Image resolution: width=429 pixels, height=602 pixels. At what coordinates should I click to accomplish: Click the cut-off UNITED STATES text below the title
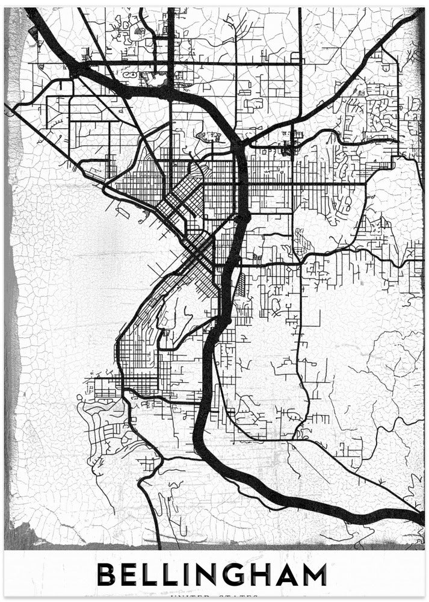tap(214, 598)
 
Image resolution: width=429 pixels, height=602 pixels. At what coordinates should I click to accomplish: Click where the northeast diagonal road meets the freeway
tap(241, 143)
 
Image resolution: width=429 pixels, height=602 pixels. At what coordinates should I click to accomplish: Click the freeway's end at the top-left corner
tap(30, 13)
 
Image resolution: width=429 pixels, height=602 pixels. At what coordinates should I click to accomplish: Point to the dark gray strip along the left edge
tap(12, 301)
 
